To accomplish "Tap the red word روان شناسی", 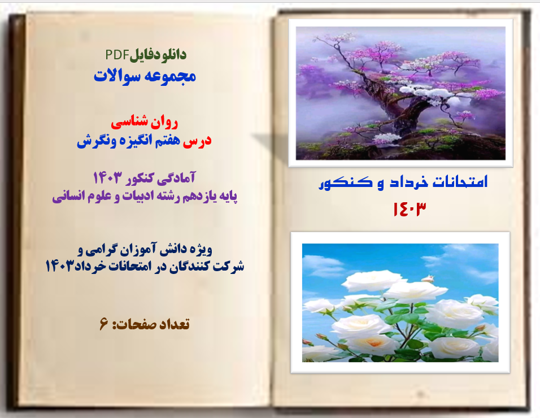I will pos(145,121).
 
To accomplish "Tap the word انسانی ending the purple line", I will pos(72,197).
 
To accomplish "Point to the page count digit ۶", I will pos(103,324).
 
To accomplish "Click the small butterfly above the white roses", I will pos(428,277).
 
